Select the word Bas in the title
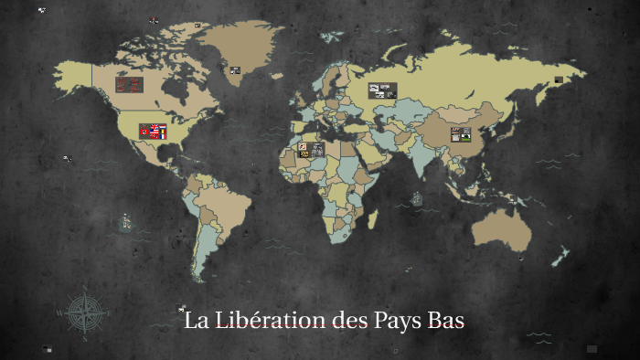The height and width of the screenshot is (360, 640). point(447,322)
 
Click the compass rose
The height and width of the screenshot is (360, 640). point(85,311)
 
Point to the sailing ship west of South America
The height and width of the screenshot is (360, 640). point(125,221)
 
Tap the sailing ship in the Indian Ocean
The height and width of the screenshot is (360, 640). point(416,197)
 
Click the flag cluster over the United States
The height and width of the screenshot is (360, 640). point(153,132)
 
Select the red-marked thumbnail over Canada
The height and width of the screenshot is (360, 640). point(128,84)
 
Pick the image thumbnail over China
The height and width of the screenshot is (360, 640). point(461,134)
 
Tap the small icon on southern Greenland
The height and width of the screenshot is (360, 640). point(235,70)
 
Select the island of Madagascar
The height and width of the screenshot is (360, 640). point(374,219)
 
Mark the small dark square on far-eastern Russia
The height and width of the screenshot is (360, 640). point(558,80)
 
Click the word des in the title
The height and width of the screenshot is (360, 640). point(346,322)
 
